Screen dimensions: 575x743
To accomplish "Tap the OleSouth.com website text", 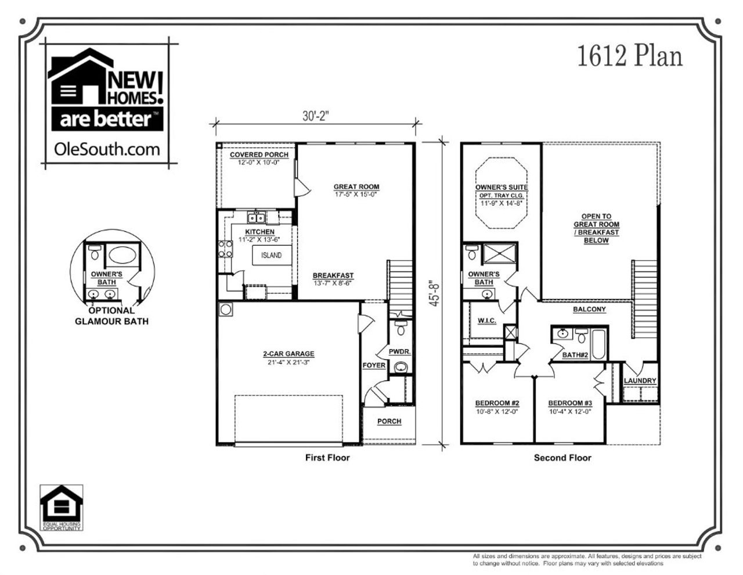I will click(106, 149).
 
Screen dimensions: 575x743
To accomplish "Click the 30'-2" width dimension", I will click(315, 116).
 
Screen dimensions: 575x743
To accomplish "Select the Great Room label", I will click(356, 187).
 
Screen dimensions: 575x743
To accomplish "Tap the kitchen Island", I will click(271, 256).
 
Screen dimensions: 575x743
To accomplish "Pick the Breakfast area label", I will click(333, 276).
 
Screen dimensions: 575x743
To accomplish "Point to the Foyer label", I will click(374, 365).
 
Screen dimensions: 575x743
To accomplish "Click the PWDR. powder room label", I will click(400, 351).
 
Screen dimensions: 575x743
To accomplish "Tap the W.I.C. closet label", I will click(486, 321).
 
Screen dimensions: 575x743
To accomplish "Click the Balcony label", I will click(589, 310).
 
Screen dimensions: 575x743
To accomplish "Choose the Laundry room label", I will click(640, 381).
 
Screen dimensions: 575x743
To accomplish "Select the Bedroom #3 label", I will click(569, 404).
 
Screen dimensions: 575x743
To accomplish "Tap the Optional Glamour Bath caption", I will click(111, 316).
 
